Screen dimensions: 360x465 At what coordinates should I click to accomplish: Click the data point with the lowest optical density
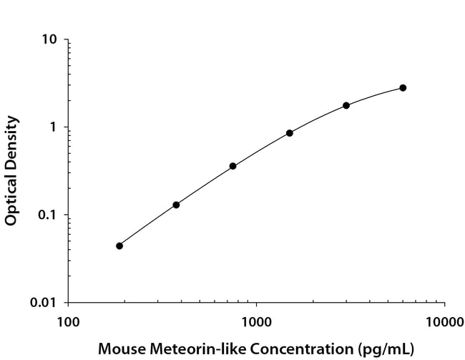tap(119, 245)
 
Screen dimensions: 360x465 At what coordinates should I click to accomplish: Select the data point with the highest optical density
tap(403, 88)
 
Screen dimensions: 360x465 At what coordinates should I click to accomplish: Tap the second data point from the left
tap(176, 205)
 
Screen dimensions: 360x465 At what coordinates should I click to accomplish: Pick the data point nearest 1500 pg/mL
tap(290, 133)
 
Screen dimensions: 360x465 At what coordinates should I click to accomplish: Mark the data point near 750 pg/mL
tap(233, 166)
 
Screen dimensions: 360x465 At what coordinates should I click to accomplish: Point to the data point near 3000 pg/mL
tap(346, 105)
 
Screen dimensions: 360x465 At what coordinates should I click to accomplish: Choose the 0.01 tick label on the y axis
tap(44, 303)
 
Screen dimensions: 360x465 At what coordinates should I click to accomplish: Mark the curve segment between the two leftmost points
tap(147, 225)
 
